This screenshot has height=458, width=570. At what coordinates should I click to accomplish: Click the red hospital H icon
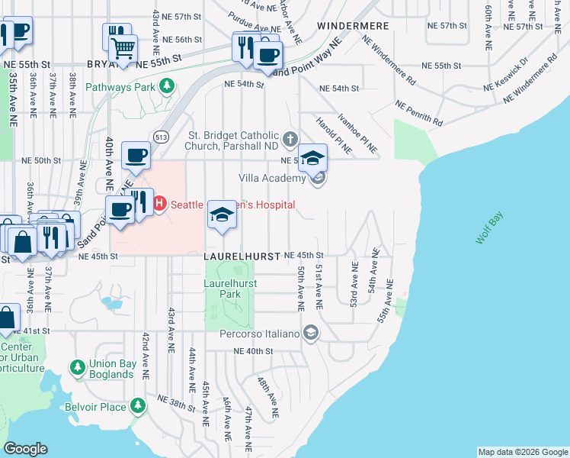[x=160, y=204]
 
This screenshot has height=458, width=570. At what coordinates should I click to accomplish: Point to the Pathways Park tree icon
[x=165, y=87]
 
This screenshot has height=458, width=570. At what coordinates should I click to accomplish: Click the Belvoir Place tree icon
[x=138, y=406]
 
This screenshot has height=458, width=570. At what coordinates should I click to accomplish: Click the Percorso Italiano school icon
[x=310, y=333]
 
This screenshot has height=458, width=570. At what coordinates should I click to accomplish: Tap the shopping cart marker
[x=123, y=49]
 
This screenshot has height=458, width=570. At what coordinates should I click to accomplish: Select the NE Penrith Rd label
[x=418, y=112]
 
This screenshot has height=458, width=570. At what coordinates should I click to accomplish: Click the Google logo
[x=25, y=449]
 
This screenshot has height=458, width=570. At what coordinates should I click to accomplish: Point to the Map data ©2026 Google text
[x=523, y=452]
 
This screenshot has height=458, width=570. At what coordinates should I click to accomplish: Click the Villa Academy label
[x=272, y=178]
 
